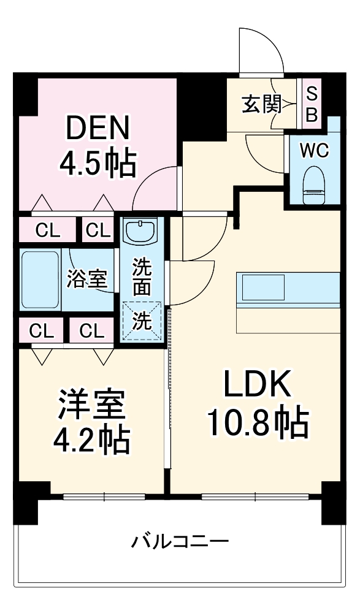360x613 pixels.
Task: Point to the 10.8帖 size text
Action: pos(257,423)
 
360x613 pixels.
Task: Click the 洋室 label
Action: pos(93,405)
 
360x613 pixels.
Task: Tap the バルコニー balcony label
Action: pos(180,541)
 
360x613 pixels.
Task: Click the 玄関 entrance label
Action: pos(261,105)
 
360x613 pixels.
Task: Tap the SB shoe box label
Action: pos(312,104)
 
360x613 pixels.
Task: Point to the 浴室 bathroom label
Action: pos(88,279)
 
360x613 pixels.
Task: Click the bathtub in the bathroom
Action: pos(40,279)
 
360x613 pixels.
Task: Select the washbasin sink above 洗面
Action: pos(142,232)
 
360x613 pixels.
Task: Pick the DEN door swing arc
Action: pos(156,187)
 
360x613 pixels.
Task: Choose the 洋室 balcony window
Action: pos(104,496)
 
